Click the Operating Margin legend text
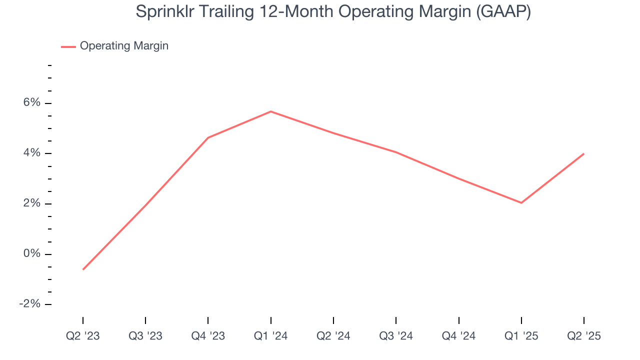[124, 46]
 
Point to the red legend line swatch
[68, 46]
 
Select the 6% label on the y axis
[31, 103]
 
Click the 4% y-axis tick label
[31, 153]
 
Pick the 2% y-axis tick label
[31, 203]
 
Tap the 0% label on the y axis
[31, 254]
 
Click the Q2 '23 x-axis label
[83, 336]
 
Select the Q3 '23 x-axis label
[145, 336]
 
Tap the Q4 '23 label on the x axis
[208, 336]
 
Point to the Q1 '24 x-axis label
[270, 336]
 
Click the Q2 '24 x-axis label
[333, 336]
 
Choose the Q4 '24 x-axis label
[458, 336]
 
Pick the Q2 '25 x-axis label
[584, 336]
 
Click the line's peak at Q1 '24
[270, 111]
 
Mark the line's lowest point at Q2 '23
[83, 269]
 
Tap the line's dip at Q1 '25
[521, 202]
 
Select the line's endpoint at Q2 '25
[583, 154]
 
